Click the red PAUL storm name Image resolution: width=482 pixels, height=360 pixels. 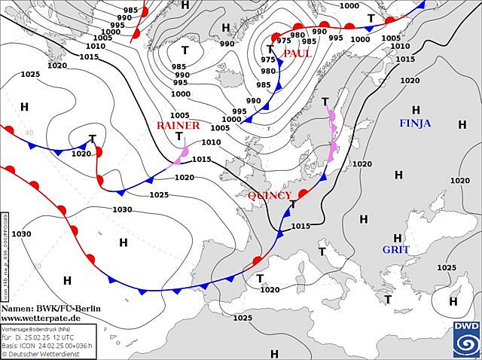pos(298,54)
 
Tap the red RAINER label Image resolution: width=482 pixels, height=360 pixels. pos(178,125)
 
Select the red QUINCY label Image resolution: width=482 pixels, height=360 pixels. pos(270,195)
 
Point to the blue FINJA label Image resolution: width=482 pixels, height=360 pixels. pos(415,123)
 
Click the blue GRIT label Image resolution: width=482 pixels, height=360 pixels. pos(396,249)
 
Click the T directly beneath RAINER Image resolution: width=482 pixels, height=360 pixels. pos(178,137)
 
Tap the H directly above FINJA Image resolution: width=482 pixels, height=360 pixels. pos(416,111)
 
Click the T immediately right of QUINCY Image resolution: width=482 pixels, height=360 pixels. pos(293,204)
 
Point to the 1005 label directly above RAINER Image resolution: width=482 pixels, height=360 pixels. pos(180,115)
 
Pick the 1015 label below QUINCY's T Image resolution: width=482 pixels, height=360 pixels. pos(300,226)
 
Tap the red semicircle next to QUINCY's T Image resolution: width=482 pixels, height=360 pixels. pos(303,194)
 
